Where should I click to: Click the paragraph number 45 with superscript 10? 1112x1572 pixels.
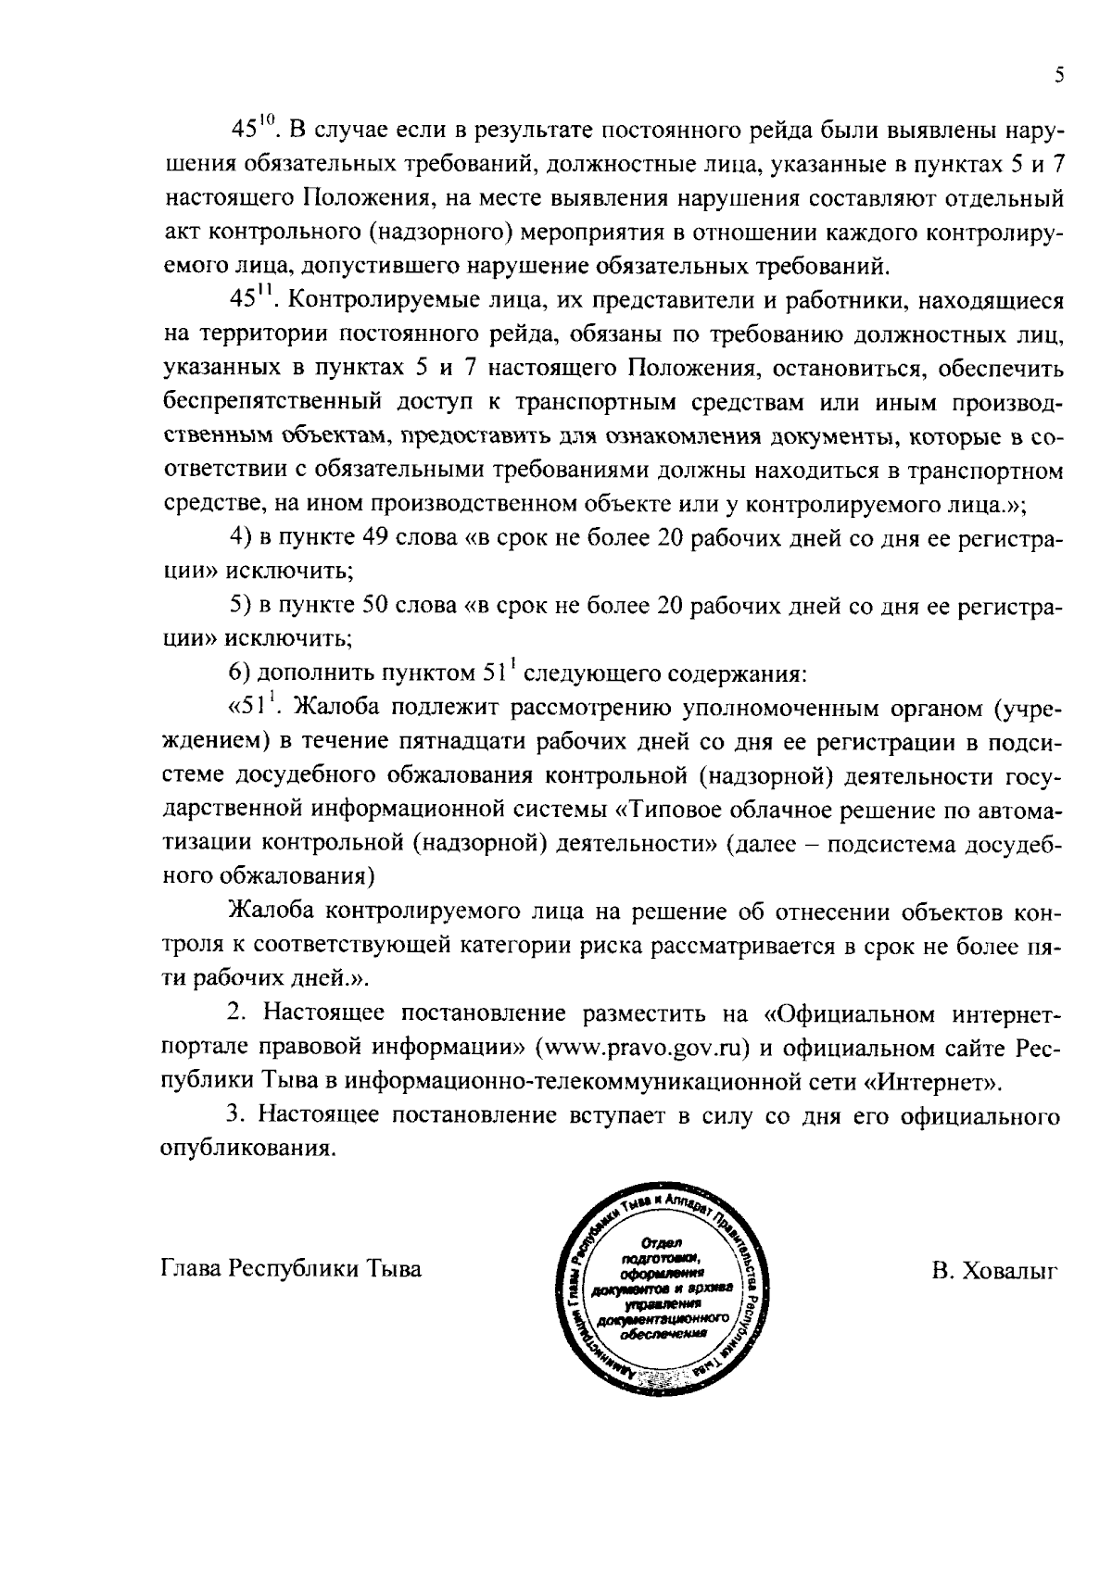(248, 130)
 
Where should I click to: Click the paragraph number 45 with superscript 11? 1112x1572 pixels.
(248, 301)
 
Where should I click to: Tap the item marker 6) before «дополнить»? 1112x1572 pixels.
(240, 673)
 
